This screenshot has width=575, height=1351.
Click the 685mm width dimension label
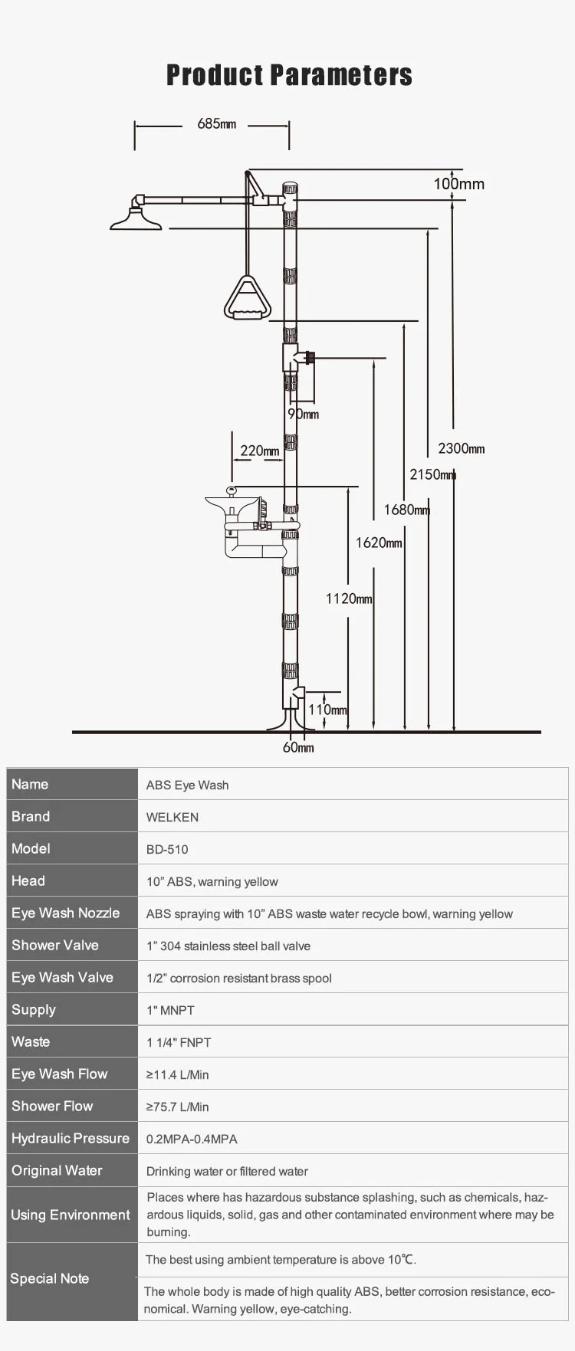216,124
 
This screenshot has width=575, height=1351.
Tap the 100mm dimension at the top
458,184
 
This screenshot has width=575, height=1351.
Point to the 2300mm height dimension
461,449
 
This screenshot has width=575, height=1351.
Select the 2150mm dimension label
432,474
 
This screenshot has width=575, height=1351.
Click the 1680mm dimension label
406,510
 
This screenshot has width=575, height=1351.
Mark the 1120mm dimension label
349,598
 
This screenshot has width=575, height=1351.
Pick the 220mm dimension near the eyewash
260,451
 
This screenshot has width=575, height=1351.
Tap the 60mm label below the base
298,747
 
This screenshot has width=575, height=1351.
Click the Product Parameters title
289,75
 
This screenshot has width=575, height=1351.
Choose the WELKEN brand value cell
172,817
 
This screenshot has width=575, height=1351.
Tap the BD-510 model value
167,849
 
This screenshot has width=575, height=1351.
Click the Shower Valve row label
55,945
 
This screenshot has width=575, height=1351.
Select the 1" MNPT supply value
170,1010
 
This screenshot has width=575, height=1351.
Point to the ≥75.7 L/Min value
177,1107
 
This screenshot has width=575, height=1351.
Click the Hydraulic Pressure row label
71,1138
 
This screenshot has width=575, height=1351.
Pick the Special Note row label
50,1278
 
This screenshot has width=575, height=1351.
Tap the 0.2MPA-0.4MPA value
192,1139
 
